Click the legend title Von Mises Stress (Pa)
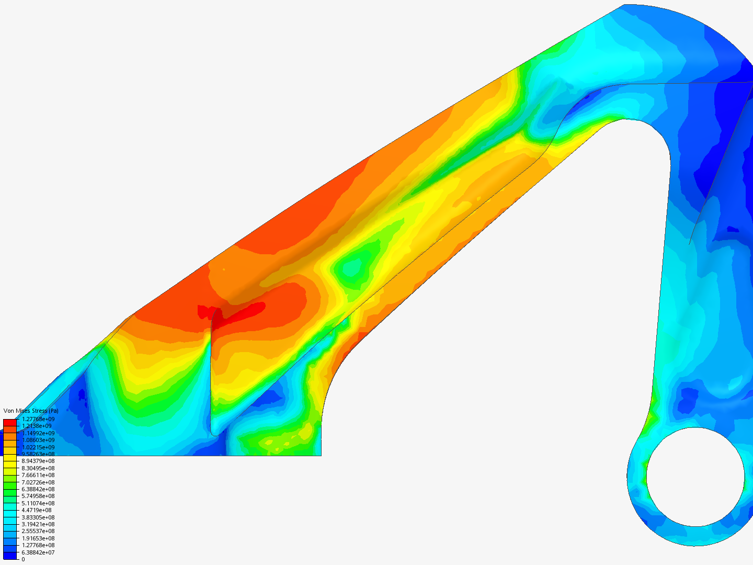(31, 411)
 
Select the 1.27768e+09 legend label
(38, 419)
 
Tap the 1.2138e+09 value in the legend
(37, 426)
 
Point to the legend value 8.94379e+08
(38, 461)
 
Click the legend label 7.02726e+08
(38, 482)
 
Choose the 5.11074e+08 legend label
(38, 503)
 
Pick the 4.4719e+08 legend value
(37, 510)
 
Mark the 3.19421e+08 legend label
(38, 524)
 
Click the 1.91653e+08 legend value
(38, 538)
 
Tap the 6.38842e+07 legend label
(38, 552)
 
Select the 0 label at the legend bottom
(23, 559)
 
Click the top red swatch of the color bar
(10, 422)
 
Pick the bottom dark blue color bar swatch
(10, 556)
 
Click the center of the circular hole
(695, 477)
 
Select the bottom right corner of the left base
(321, 455)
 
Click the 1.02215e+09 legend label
(38, 447)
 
